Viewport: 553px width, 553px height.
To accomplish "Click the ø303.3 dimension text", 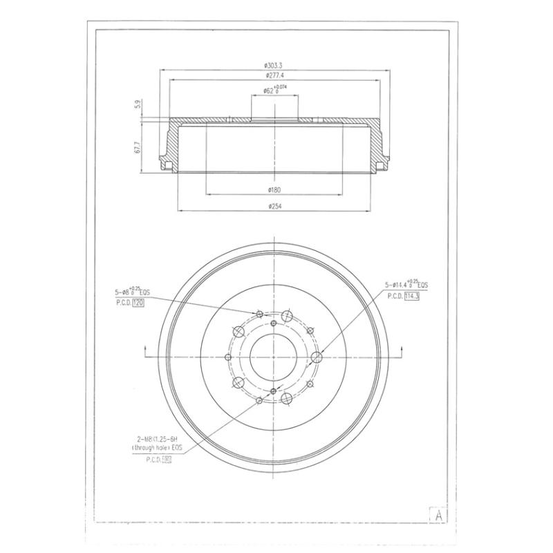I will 274,65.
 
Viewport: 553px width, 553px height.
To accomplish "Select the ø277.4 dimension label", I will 274,75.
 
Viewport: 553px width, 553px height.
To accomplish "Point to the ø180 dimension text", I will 274,189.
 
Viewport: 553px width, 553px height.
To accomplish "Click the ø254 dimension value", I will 274,205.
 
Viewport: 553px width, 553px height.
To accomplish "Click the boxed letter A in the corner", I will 438,515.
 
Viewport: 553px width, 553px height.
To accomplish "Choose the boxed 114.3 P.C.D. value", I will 413,296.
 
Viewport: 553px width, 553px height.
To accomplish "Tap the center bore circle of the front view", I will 274,356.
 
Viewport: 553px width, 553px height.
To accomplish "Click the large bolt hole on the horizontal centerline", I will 317,357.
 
